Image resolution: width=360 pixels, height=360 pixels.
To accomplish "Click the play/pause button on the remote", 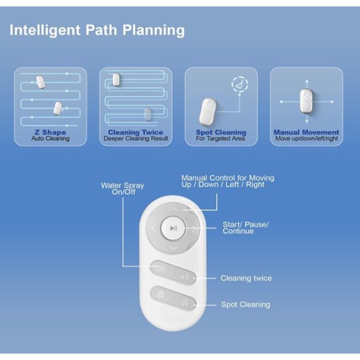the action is pyautogui.click(x=173, y=228).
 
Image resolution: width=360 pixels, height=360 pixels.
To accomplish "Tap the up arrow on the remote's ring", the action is pyautogui.click(x=174, y=209).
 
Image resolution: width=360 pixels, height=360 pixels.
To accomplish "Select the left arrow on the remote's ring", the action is pyautogui.click(x=154, y=228).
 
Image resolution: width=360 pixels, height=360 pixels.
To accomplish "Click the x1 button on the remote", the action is pyautogui.click(x=185, y=276).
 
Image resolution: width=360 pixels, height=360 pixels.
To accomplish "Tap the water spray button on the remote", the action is pyautogui.click(x=161, y=269).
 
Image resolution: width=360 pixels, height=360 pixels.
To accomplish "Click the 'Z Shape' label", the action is pyautogui.click(x=50, y=132).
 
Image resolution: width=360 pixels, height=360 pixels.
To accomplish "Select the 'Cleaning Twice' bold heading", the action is pyautogui.click(x=136, y=132).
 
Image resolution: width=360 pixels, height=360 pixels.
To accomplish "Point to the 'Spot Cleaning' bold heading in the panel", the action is pyautogui.click(x=221, y=132).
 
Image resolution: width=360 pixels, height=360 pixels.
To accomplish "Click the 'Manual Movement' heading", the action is pyautogui.click(x=306, y=132).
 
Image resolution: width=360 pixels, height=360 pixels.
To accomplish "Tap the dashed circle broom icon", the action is pyautogui.click(x=240, y=84).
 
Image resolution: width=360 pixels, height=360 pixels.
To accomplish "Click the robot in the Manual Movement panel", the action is pyautogui.click(x=307, y=101).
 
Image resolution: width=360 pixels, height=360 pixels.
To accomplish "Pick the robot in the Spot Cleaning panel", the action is pyautogui.click(x=207, y=112).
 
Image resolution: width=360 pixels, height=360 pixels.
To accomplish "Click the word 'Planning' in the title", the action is pyautogui.click(x=154, y=31).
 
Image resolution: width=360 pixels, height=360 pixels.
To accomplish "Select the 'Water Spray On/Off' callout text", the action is pyautogui.click(x=123, y=188).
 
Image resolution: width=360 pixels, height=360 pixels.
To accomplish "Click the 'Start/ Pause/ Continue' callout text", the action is pyautogui.click(x=246, y=228).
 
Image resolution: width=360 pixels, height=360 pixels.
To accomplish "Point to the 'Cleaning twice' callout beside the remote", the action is pyautogui.click(x=246, y=278).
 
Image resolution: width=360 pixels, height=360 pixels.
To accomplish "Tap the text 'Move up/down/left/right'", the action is pyautogui.click(x=307, y=138).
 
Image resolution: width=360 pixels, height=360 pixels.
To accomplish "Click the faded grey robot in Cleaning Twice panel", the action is pyautogui.click(x=148, y=114).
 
